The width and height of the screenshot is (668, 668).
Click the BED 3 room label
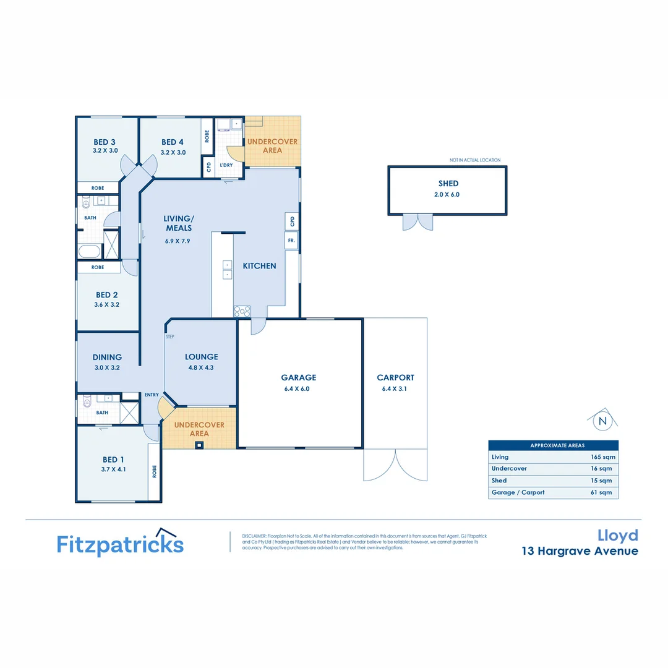tap(105, 142)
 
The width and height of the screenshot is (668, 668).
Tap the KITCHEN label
tap(259, 266)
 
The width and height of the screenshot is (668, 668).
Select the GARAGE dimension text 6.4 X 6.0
tap(299, 388)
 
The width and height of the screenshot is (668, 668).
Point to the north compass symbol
tap(601, 422)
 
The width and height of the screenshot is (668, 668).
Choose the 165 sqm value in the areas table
tap(601, 457)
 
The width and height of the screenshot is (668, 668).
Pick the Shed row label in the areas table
tap(499, 481)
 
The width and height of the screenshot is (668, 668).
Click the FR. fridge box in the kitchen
tap(291, 240)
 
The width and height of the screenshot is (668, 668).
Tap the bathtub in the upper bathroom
tap(90, 251)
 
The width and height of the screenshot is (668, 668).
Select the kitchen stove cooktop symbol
tap(241, 311)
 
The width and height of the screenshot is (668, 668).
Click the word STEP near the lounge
tap(169, 337)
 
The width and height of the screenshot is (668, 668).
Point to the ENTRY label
tap(152, 395)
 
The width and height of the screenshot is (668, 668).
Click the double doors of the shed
tap(418, 222)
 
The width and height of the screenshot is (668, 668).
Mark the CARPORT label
tap(395, 377)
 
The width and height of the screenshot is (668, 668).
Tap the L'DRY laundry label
tap(226, 165)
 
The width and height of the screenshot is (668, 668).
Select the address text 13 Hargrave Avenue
tap(580, 550)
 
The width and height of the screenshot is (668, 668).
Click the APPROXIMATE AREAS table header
tap(553, 445)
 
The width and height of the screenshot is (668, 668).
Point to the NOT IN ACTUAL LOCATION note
tap(475, 160)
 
